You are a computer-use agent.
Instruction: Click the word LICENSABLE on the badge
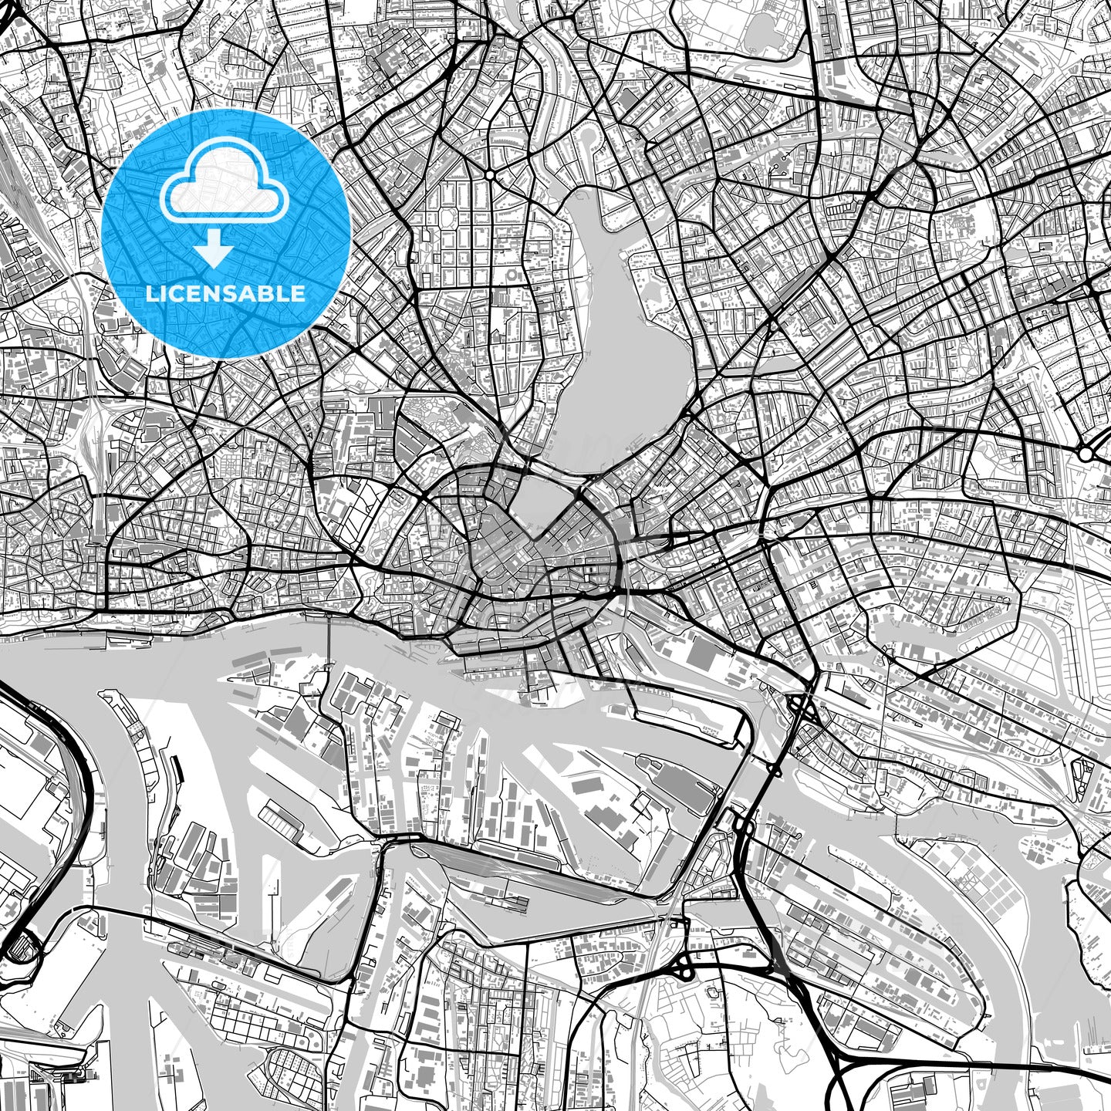click(225, 293)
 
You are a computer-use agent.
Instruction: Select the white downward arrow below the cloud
click(214, 248)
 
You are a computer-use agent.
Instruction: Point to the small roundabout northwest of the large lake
click(489, 175)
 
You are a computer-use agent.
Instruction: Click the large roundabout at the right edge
click(1086, 454)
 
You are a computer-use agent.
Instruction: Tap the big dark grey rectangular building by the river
click(701, 654)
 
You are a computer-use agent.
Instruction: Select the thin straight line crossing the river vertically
click(329, 656)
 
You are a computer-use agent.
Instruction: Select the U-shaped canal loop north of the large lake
click(591, 139)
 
